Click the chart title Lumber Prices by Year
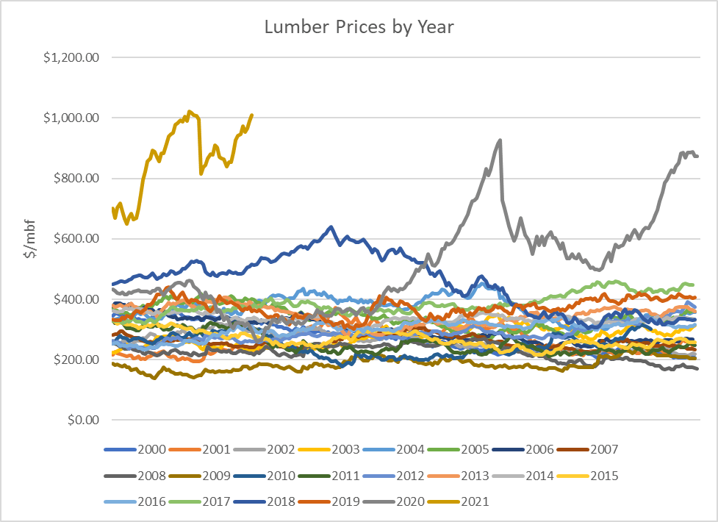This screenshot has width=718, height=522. tap(359, 28)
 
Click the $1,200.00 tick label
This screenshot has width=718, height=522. tap(71, 57)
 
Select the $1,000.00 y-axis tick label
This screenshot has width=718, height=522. tap(71, 118)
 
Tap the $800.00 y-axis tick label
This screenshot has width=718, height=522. tap(76, 178)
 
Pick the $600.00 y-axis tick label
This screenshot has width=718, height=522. tap(76, 239)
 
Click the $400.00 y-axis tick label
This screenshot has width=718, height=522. tap(76, 299)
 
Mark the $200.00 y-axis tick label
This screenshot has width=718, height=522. tap(76, 360)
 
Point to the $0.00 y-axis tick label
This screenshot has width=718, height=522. tap(81, 420)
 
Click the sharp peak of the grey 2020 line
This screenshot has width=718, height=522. tap(500, 140)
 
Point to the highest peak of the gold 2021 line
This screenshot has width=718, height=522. tap(190, 111)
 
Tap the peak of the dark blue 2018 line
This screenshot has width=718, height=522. tap(331, 227)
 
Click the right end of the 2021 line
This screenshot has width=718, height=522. tap(252, 115)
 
